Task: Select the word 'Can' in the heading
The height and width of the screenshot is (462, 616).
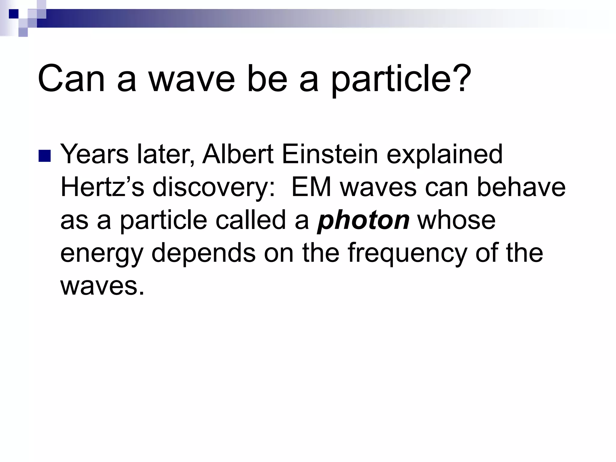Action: pyautogui.click(x=72, y=79)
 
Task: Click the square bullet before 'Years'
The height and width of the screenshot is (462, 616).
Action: pyautogui.click(x=45, y=156)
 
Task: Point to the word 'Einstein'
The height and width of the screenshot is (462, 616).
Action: pyautogui.click(x=330, y=154)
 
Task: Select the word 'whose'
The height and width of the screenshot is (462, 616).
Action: pyautogui.click(x=456, y=220)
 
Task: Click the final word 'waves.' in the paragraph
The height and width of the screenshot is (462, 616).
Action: pyautogui.click(x=102, y=286)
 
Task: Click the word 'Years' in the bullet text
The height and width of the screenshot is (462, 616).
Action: pyautogui.click(x=94, y=154)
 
